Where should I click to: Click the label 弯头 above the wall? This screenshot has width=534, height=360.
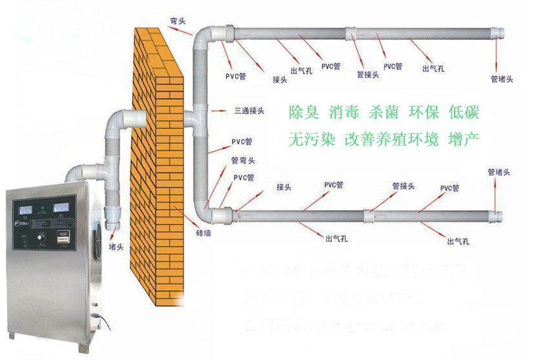click(x=178, y=21)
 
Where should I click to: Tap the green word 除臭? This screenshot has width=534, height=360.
click(x=303, y=112)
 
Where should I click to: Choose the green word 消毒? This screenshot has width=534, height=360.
click(x=344, y=112)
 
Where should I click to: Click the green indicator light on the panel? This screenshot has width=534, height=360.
click(x=43, y=208)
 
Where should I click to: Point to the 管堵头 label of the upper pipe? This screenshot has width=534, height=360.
click(x=502, y=79)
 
